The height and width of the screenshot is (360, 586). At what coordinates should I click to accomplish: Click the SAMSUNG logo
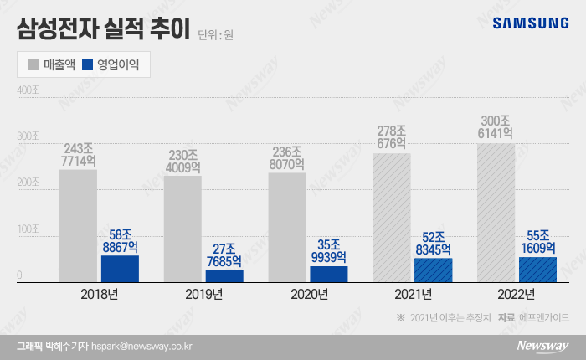(x=530, y=23)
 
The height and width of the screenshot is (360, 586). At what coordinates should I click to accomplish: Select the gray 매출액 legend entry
(x=53, y=64)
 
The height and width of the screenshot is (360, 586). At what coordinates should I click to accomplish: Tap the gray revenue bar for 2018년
(x=78, y=226)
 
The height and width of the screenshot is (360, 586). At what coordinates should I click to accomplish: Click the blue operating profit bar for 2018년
(x=120, y=269)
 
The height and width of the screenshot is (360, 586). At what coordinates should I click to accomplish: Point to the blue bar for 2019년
(x=224, y=275)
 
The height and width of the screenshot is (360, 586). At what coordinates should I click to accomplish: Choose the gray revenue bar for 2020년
(x=287, y=228)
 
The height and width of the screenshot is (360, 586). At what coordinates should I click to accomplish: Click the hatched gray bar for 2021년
(x=392, y=218)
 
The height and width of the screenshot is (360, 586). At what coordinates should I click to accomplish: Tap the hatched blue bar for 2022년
(x=537, y=270)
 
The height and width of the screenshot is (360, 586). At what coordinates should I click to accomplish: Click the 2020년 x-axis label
(x=308, y=294)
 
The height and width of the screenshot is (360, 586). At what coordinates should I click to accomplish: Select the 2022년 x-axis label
(x=517, y=294)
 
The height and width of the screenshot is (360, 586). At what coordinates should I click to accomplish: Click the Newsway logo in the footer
(x=542, y=345)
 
